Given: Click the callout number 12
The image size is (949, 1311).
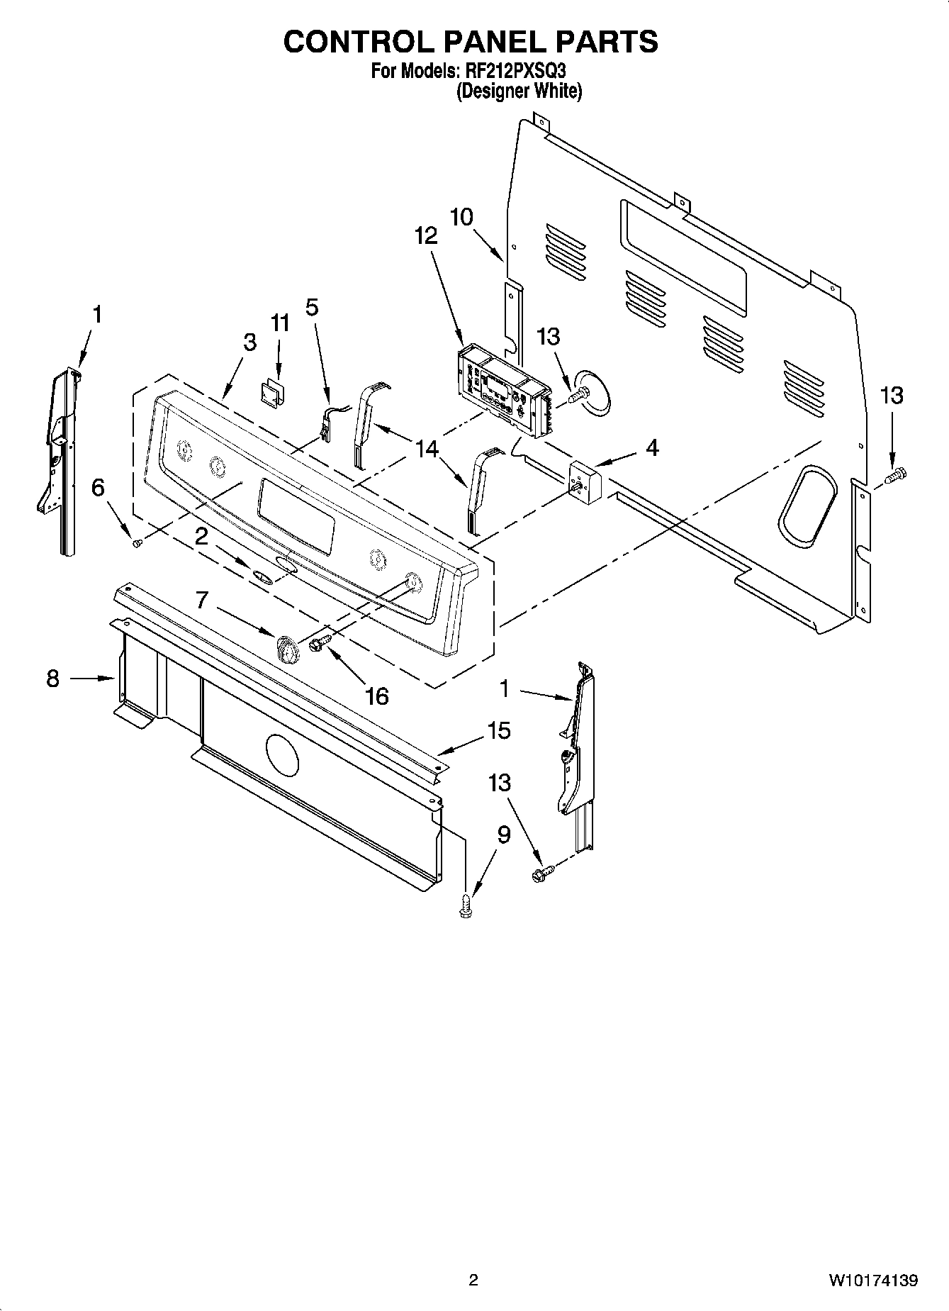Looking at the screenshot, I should [x=426, y=236].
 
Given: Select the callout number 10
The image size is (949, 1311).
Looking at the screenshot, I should [x=461, y=217].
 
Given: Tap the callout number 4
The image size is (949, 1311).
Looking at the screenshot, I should [x=652, y=447].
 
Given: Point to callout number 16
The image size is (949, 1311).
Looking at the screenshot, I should [x=376, y=696].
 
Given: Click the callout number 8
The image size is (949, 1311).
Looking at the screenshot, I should [x=53, y=679].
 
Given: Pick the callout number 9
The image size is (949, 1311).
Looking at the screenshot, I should [x=503, y=835].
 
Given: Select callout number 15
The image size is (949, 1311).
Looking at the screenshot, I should [x=499, y=730].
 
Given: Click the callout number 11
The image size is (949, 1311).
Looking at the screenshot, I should [x=280, y=323].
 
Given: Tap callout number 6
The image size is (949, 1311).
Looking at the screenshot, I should [x=98, y=487].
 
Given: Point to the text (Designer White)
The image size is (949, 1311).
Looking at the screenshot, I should [x=518, y=91].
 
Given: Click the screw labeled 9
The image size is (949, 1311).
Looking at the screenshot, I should [x=466, y=906].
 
